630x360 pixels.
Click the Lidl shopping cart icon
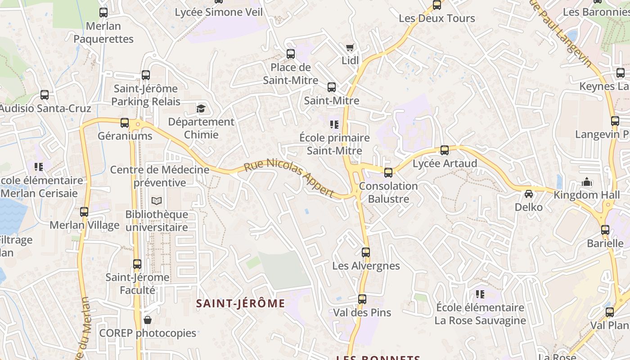coord(350,48)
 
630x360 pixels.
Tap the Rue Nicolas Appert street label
coord(289,178)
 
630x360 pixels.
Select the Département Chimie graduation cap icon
coord(201,108)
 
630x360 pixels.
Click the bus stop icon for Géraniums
coord(125,123)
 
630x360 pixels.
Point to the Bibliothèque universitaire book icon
coord(156,201)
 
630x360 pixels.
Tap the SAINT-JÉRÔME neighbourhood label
coord(240,303)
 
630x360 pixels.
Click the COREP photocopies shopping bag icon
coord(147,320)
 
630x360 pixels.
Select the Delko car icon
coord(529,194)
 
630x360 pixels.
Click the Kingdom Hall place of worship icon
coord(586,182)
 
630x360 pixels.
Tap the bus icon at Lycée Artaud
coord(445,150)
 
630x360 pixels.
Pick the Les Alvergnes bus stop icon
coord(366,252)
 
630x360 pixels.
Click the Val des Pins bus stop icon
coord(362,299)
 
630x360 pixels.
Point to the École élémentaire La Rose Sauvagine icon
coord(480,294)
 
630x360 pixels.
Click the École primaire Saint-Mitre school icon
coord(334,125)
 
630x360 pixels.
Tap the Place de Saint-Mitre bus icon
coord(291,54)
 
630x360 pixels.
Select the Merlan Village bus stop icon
coord(84,212)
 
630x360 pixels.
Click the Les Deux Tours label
coord(436,18)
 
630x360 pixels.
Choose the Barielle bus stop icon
coord(605,230)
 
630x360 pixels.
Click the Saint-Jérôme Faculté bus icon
coord(137,264)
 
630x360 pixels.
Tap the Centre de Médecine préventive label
coord(160,176)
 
